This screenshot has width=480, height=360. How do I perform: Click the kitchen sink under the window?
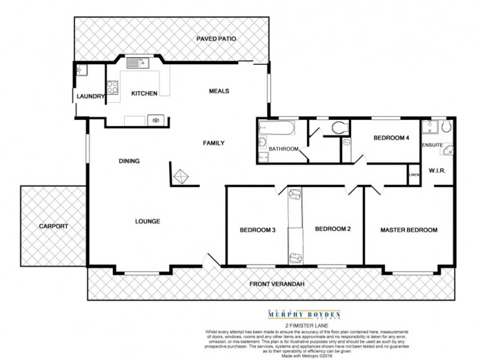pyautogui.click(x=136, y=61)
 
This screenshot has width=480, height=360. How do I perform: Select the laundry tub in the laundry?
pyautogui.click(x=82, y=71)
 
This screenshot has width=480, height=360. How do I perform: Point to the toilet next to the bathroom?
pyautogui.click(x=339, y=127)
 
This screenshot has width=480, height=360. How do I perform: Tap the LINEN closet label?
pyautogui.click(x=413, y=175)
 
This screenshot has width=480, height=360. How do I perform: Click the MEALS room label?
pyautogui.click(x=219, y=91)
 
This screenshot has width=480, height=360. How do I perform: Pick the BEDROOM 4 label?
pyautogui.click(x=391, y=138)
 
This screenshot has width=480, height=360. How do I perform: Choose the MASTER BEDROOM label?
pyautogui.click(x=409, y=230)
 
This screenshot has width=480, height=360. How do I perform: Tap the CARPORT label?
pyautogui.click(x=53, y=226)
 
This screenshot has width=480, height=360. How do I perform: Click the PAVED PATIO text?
pyautogui.click(x=216, y=39)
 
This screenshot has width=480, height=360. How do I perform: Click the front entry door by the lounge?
pyautogui.click(x=210, y=262)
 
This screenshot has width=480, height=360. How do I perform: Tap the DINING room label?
pyautogui.click(x=129, y=161)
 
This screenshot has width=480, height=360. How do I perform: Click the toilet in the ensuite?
pyautogui.click(x=446, y=128)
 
